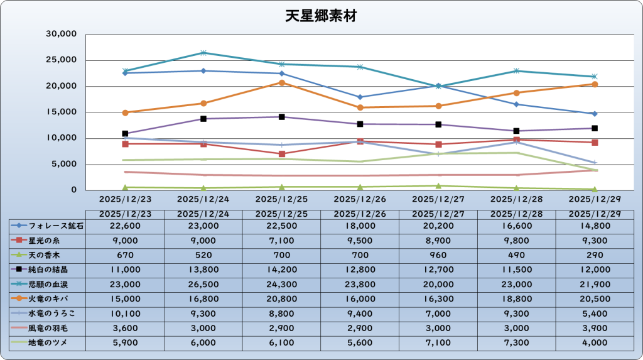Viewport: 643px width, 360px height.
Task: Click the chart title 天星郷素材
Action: pyautogui.click(x=320, y=16)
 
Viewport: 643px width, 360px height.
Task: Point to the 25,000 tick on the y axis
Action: pyautogui.click(x=62, y=60)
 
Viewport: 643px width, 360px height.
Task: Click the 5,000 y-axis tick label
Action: pyautogui.click(x=65, y=164)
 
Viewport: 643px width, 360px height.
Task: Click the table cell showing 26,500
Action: pyautogui.click(x=203, y=284)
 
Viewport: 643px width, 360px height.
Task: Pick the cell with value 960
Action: pyautogui.click(x=438, y=255)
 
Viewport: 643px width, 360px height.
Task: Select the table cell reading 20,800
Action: pyautogui.click(x=281, y=298)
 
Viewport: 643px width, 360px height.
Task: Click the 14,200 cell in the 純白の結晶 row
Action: pyautogui.click(x=281, y=270)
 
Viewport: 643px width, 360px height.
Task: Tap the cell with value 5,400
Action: pyautogui.click(x=594, y=313)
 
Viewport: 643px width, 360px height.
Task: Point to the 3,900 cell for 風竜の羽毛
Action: pyautogui.click(x=594, y=328)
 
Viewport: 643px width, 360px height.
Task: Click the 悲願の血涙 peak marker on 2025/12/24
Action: pyautogui.click(x=203, y=53)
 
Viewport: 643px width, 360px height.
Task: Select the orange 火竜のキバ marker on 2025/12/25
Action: pyautogui.click(x=282, y=83)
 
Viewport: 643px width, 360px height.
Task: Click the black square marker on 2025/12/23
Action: pyautogui.click(x=126, y=134)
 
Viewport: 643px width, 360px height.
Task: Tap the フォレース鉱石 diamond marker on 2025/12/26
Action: pyautogui.click(x=360, y=97)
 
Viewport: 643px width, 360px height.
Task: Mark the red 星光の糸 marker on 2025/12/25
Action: pyautogui.click(x=282, y=154)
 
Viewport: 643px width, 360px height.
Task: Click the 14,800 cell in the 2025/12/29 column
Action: pyautogui.click(x=594, y=226)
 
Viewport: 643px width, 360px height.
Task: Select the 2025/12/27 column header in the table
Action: pyautogui.click(x=438, y=213)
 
